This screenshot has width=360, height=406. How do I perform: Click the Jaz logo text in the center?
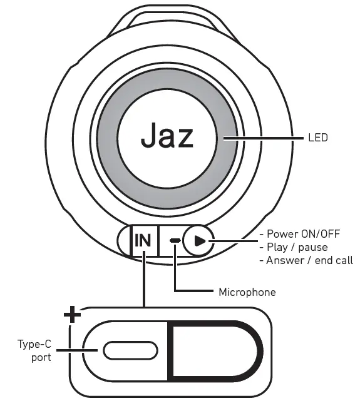coord(167,134)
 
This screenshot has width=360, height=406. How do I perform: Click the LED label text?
coord(318,137)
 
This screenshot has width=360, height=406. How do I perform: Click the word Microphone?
coord(247,292)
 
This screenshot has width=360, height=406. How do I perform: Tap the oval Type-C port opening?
coord(126,350)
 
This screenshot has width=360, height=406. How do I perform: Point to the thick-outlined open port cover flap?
coord(213,350)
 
